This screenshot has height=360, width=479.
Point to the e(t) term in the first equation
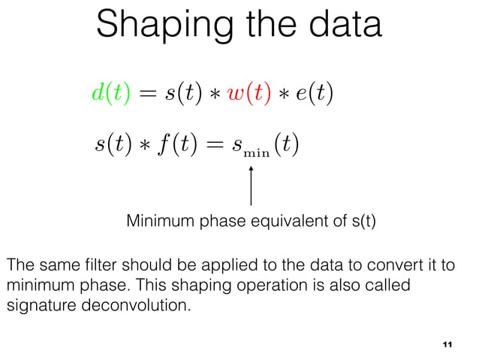pyautogui.click(x=315, y=95)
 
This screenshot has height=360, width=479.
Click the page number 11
pyautogui.click(x=447, y=344)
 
